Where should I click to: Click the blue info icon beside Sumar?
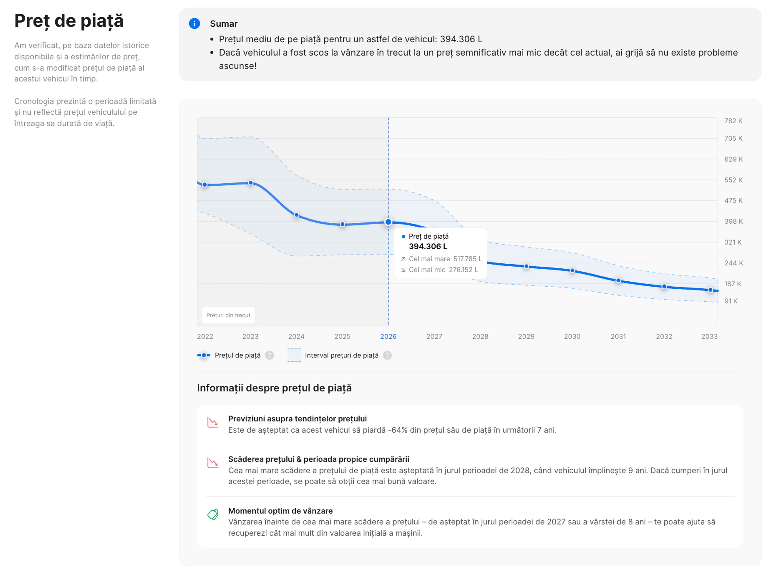pyautogui.click(x=194, y=24)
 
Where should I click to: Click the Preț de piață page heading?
pyautogui.click(x=69, y=21)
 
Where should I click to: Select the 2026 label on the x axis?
pyautogui.click(x=388, y=336)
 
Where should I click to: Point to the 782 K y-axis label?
pyautogui.click(x=733, y=121)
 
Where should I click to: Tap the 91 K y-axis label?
pyautogui.click(x=731, y=301)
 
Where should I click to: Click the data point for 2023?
pyautogui.click(x=250, y=183)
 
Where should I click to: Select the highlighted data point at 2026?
pyautogui.click(x=388, y=222)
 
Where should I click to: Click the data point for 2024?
pyautogui.click(x=296, y=215)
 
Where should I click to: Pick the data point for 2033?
pyautogui.click(x=710, y=290)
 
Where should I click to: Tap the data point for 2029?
pyautogui.click(x=526, y=266)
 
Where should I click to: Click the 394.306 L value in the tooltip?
pyautogui.click(x=428, y=246)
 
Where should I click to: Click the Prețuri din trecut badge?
pyautogui.click(x=228, y=315)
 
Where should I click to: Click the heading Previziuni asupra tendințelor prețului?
pyautogui.click(x=297, y=419)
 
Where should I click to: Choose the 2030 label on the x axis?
pyautogui.click(x=572, y=336)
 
